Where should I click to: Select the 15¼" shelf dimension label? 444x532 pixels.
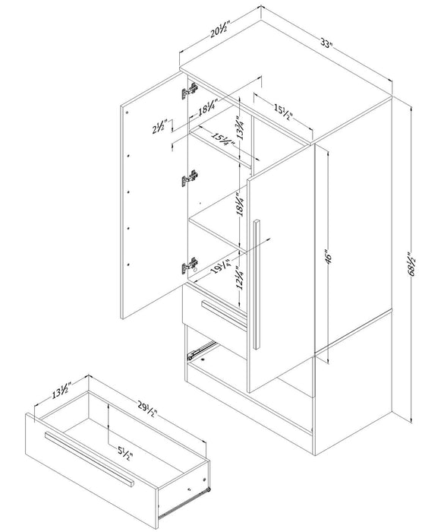(223, 141)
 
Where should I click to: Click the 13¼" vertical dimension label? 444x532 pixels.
(239, 122)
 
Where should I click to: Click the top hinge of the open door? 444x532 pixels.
(188, 91)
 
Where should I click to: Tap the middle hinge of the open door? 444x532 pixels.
(190, 179)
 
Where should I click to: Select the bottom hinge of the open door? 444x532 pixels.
(189, 267)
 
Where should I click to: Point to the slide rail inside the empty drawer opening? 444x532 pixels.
(200, 350)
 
